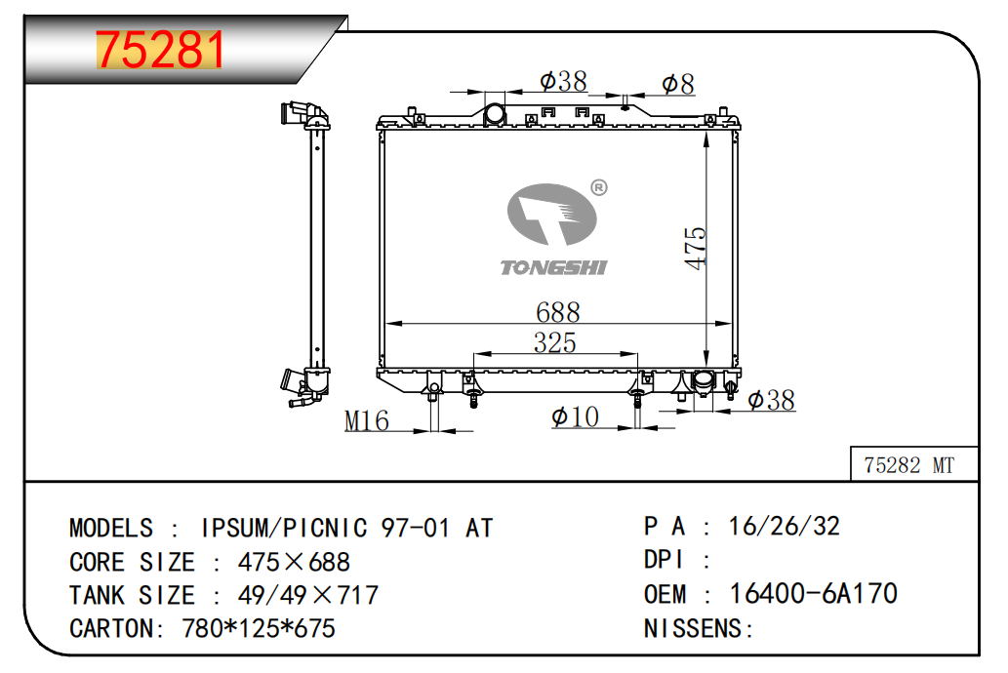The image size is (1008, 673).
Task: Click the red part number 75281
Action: pos(160,49)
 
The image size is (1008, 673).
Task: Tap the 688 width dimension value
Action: pos(558,312)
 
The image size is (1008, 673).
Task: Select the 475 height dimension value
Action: pos(695,248)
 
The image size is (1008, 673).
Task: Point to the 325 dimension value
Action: pos(555,342)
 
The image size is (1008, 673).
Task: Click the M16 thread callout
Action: pos(367,421)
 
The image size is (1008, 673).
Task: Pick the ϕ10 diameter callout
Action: pos(576,417)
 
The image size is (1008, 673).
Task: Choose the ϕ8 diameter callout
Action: pos(678,84)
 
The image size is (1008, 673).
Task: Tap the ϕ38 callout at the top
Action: pos(563,81)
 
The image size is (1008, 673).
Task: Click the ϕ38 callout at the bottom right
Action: pos(772,400)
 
